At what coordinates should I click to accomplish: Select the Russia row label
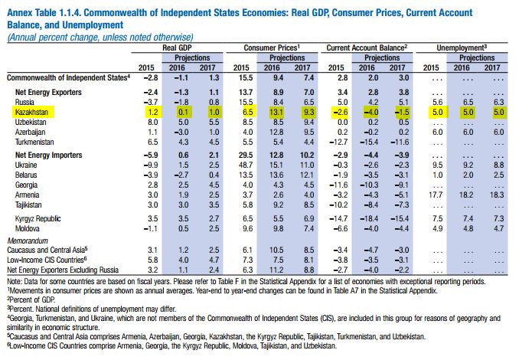[x=25, y=100]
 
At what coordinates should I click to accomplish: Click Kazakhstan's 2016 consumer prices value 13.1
[x=276, y=111]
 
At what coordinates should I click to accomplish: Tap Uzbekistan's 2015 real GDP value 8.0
[x=152, y=122]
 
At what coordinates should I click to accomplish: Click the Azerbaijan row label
[x=31, y=133]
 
